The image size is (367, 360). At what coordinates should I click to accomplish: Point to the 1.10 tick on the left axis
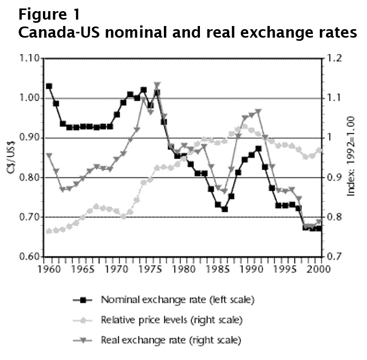point(29,58)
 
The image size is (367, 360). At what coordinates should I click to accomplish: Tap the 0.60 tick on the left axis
point(29,257)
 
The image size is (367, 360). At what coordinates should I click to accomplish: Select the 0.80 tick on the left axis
point(29,178)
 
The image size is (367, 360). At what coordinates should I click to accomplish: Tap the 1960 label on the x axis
point(49,269)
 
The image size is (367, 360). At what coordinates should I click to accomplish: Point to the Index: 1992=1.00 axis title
point(351,158)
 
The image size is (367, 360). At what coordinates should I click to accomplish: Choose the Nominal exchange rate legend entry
point(178,300)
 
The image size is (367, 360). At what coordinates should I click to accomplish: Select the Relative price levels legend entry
point(171,320)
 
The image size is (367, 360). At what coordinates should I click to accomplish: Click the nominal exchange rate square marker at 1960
point(49,86)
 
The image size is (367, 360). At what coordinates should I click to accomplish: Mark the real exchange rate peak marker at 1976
point(157,84)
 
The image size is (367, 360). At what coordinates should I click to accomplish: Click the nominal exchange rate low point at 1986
point(225,209)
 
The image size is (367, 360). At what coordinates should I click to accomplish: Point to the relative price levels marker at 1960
point(49,231)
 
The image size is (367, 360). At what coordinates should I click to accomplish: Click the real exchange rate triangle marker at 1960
point(49,155)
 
